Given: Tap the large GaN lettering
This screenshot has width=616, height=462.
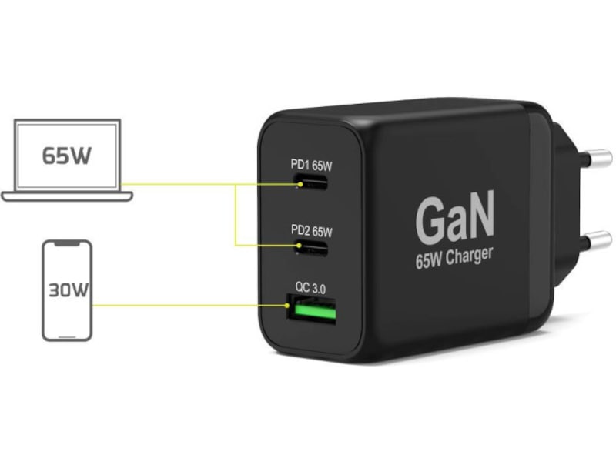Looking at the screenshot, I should click(454, 218).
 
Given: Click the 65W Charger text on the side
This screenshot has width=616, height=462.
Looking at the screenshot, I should click(454, 258).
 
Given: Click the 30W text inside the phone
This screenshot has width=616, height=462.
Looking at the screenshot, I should click(67, 292).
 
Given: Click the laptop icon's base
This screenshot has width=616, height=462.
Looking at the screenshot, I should click(67, 196).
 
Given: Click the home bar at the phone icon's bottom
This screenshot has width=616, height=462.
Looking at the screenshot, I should click(67, 335).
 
